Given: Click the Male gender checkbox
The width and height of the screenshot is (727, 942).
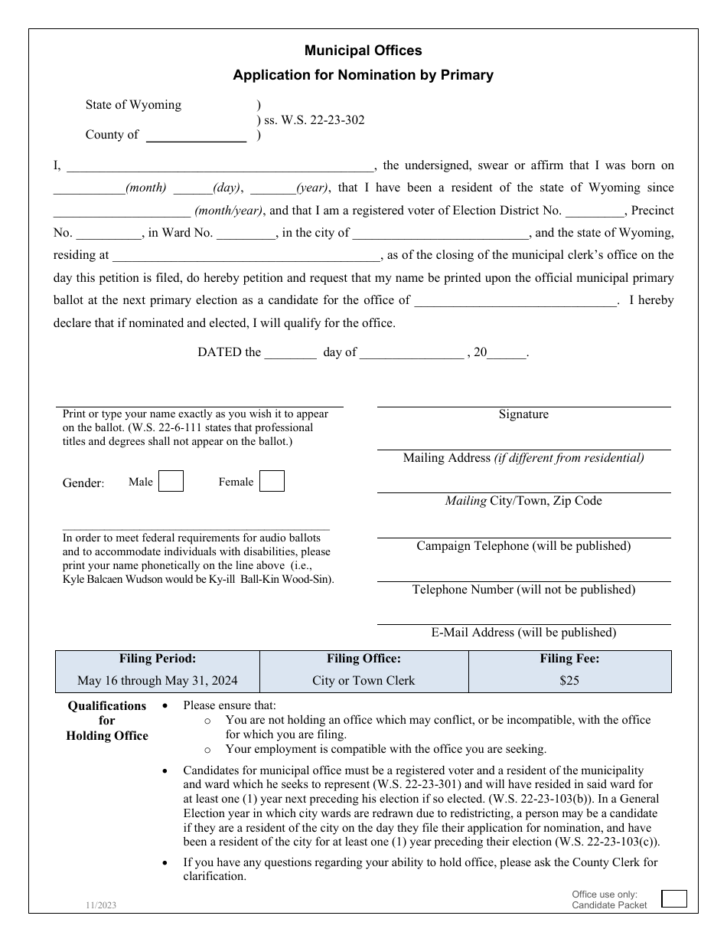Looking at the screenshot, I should click(171, 481).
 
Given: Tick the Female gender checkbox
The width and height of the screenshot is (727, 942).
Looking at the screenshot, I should click(272, 481).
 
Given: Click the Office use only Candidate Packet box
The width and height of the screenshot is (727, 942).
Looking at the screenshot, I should click(673, 898).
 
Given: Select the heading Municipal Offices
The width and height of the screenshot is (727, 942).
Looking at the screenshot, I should click(363, 51).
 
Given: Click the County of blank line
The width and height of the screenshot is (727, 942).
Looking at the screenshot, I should click(196, 136).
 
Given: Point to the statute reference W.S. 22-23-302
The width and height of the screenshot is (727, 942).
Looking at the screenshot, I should click(315, 119).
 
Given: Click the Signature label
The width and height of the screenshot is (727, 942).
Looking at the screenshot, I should click(523, 414).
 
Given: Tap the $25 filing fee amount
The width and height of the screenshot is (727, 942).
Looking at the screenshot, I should click(569, 680).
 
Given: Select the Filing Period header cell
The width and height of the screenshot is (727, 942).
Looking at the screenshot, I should click(158, 659).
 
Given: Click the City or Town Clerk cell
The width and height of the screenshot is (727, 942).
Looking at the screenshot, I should click(363, 680).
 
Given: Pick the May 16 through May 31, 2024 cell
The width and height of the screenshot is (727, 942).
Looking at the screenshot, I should click(158, 680).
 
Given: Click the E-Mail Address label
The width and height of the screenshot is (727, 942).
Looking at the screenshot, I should click(523, 633).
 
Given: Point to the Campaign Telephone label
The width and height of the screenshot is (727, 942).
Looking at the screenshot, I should click(523, 546).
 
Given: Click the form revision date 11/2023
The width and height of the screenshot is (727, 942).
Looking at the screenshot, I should click(101, 905).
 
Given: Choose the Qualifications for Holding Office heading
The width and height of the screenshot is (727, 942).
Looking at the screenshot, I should click(107, 721).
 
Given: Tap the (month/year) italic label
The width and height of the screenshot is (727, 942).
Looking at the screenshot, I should click(229, 211).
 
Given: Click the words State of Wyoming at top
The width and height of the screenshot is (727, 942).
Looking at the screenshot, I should click(133, 105).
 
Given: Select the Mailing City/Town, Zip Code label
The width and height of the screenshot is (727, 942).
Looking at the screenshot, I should click(523, 501).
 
